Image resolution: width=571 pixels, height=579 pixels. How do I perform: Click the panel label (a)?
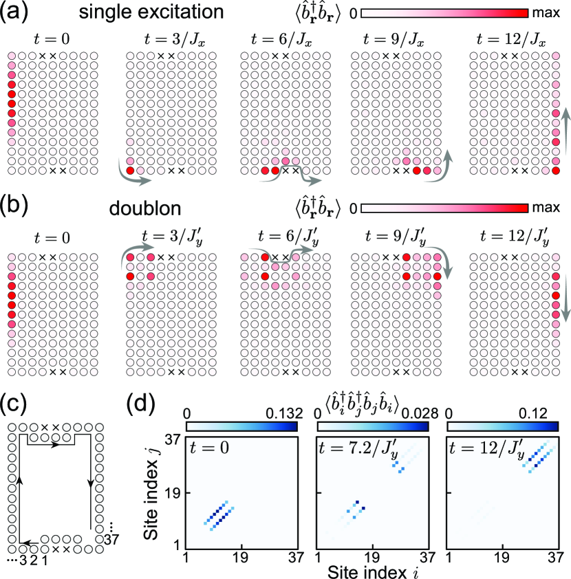pos(14,12)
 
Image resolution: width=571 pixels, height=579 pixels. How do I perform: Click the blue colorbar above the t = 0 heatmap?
pos(241,427)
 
